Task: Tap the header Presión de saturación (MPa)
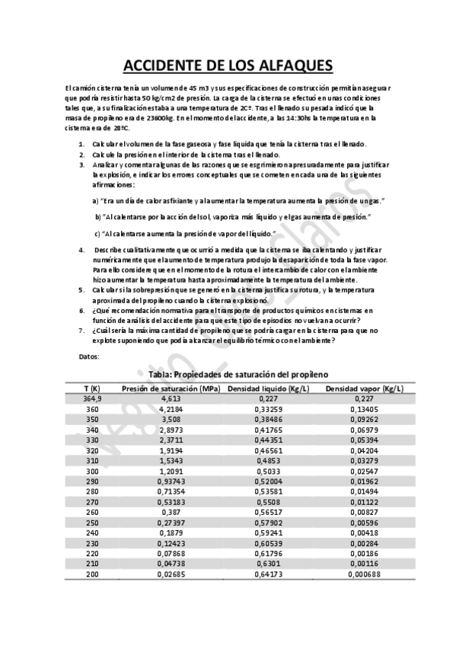[x=171, y=388]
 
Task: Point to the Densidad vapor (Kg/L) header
[x=364, y=388]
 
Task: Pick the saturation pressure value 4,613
[x=171, y=398]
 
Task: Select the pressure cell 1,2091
[x=171, y=471]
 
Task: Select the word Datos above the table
[x=89, y=357]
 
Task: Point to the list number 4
[x=81, y=250]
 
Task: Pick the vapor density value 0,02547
[x=364, y=471]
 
